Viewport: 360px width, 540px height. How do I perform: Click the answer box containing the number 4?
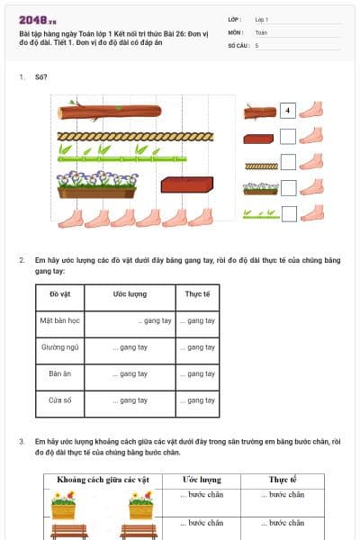tap(288, 112)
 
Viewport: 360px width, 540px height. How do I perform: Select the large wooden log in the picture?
tap(108, 112)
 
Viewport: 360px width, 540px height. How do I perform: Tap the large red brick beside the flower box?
tap(187, 185)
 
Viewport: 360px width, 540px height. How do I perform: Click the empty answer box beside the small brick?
tap(288, 138)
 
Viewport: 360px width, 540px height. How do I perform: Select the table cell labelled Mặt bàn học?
tap(60, 319)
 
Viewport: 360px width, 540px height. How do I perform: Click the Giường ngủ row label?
tap(60, 346)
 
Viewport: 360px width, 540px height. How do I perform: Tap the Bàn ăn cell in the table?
tap(60, 373)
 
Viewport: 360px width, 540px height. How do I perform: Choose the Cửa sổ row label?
tap(60, 400)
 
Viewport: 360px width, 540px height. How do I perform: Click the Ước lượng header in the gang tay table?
tap(130, 294)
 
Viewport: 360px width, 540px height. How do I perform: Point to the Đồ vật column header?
tap(60, 294)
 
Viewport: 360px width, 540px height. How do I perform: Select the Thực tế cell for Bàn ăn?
tap(197, 373)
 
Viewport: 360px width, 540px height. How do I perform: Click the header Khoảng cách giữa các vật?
tap(103, 480)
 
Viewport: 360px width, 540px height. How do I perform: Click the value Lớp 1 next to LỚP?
tap(262, 19)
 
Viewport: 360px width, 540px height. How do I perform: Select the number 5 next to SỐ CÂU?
tap(256, 44)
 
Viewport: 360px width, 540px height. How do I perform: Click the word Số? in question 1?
tap(40, 77)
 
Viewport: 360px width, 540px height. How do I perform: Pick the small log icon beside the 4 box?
tap(260, 112)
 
